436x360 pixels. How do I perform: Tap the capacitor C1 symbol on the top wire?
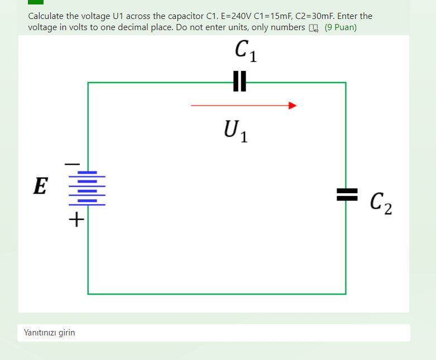pos(239,81)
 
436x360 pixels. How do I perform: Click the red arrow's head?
pos(292,105)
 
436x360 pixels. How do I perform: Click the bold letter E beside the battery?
pos(40,186)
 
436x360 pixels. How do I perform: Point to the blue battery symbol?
pos(87,188)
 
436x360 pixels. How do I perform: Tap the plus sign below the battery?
pos(76,220)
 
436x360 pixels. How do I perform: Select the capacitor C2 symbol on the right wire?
pos(346,194)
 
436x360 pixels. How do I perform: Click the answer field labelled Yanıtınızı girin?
pos(213,333)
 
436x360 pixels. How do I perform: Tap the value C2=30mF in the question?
pos(313,16)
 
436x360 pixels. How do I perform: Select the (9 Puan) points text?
pos(341,27)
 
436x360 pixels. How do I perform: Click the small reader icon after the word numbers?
pos(314,28)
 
